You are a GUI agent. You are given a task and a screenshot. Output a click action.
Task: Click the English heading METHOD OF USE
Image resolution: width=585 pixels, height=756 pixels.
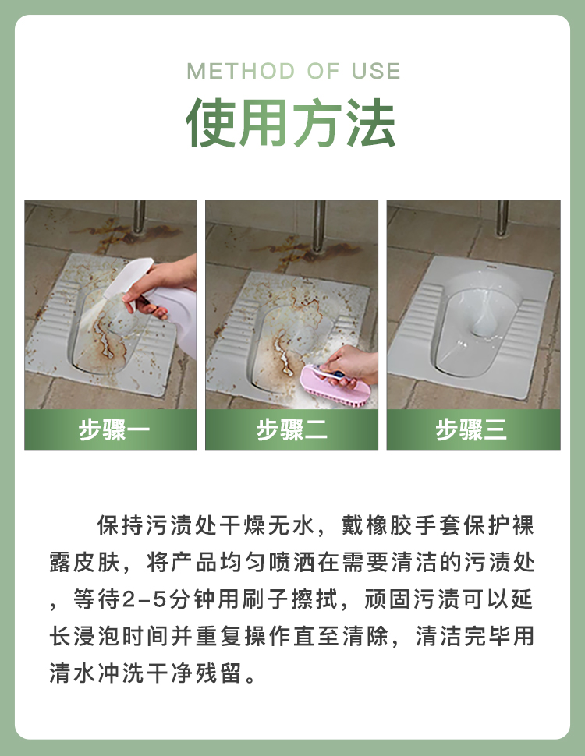click(293, 72)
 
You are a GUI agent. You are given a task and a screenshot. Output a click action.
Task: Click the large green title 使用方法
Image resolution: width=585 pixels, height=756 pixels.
click(291, 122)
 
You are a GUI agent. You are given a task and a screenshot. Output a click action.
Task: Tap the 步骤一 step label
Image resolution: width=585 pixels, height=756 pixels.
click(114, 429)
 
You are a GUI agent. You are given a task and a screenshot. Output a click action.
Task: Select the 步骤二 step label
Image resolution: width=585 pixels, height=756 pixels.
click(292, 429)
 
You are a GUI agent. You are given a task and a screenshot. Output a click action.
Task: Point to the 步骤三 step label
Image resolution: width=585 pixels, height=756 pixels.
click(472, 429)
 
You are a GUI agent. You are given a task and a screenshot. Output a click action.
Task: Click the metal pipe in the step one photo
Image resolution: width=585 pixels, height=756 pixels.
click(139, 217)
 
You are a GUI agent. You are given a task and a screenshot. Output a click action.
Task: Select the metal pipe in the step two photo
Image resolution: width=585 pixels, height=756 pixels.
click(318, 226)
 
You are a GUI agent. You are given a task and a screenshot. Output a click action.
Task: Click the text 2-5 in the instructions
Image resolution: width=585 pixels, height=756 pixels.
click(144, 600)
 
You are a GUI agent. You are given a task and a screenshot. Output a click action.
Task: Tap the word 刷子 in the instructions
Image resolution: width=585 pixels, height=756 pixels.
click(264, 599)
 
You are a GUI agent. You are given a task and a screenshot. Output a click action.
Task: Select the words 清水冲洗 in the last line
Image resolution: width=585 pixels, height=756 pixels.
click(97, 673)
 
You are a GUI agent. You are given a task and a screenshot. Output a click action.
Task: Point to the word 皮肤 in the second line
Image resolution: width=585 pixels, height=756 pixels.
click(97, 562)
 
